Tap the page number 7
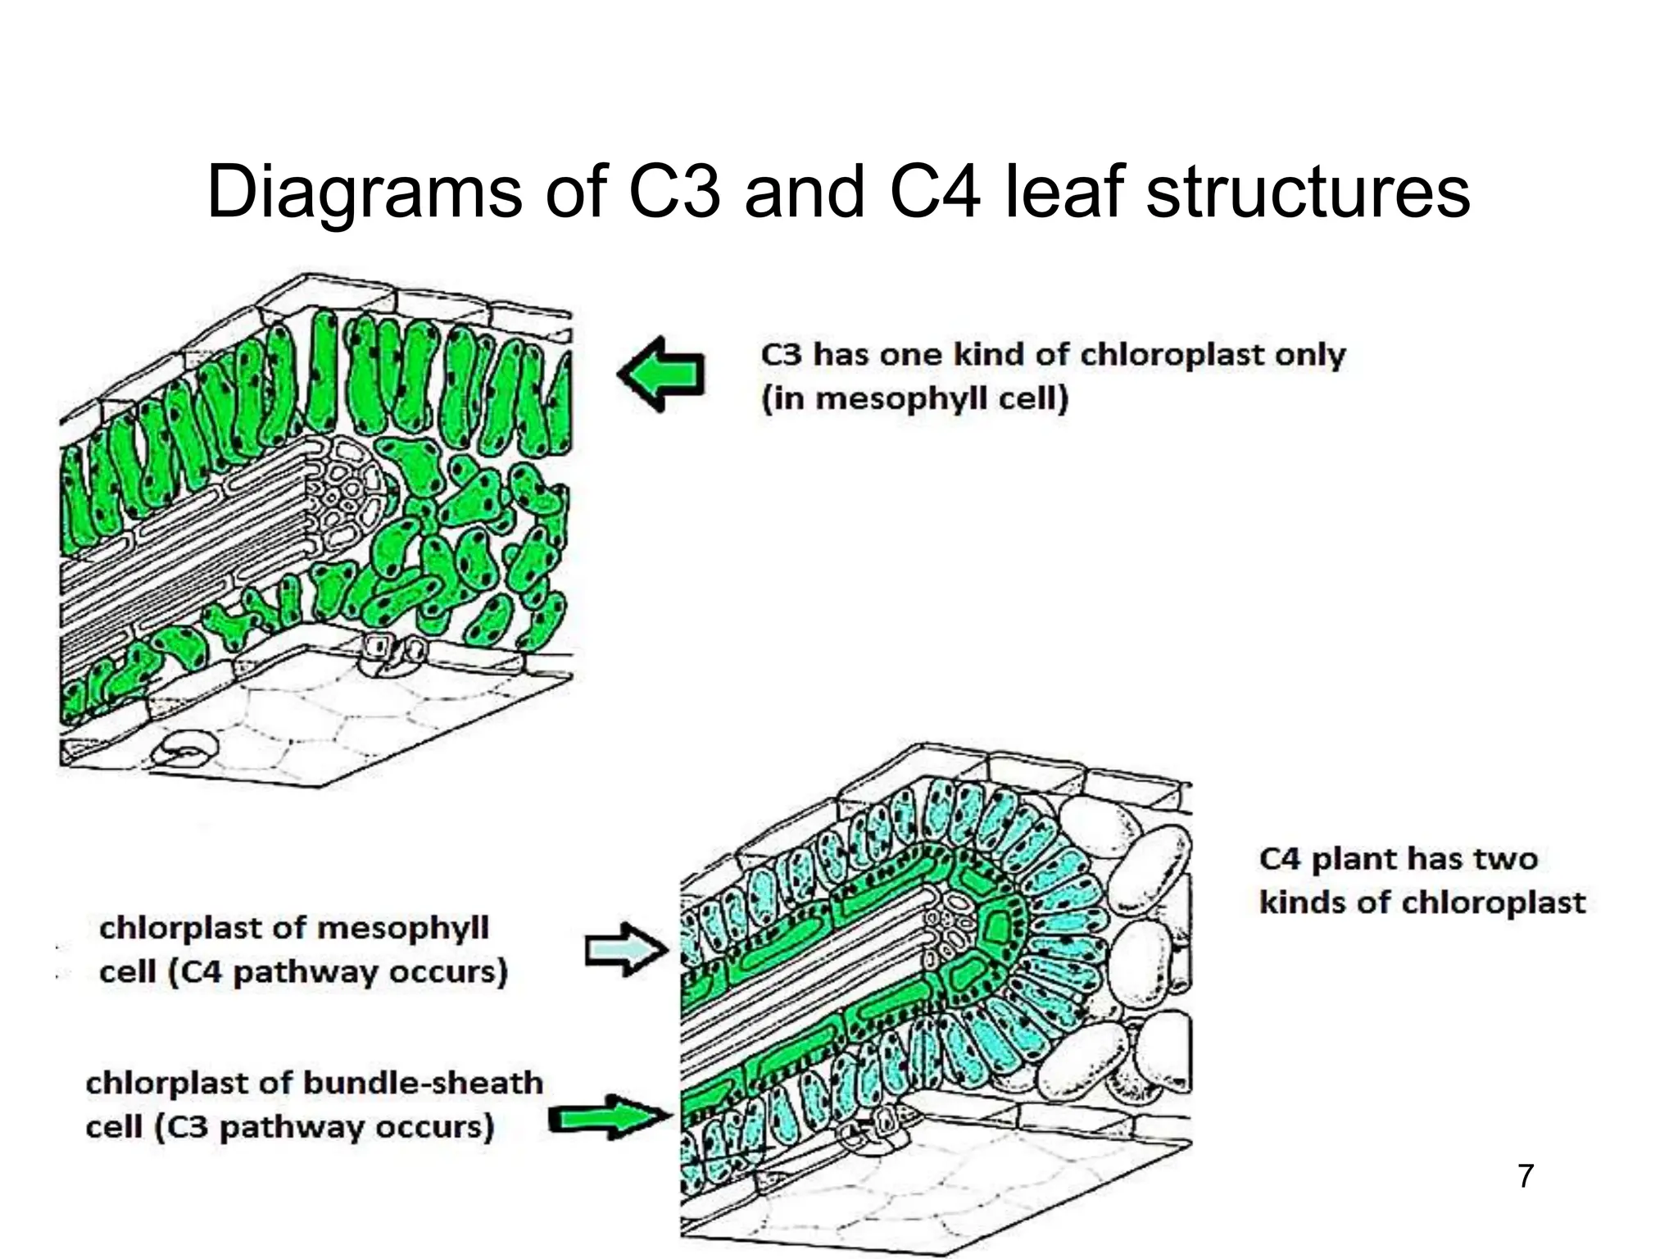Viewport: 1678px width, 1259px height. click(1525, 1176)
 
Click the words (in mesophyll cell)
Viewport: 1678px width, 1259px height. click(915, 399)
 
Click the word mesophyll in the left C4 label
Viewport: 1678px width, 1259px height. click(402, 929)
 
